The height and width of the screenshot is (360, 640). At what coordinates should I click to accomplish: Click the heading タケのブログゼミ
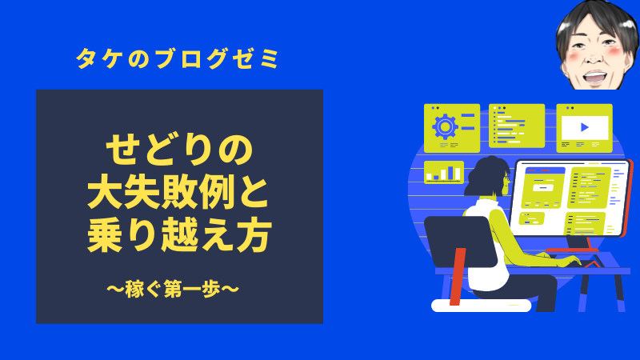(178, 58)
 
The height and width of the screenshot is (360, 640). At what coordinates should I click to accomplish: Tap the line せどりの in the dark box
(179, 150)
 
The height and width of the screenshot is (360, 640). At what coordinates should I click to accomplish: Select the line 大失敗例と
(178, 193)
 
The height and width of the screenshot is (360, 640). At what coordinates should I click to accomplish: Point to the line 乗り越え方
(179, 235)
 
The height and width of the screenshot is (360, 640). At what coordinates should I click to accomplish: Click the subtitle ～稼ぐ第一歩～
(173, 289)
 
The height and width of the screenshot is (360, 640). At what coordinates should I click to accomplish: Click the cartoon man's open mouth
(594, 76)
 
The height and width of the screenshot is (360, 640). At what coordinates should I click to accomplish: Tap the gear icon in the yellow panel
(445, 126)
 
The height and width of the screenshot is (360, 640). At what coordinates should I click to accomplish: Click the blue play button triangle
(585, 127)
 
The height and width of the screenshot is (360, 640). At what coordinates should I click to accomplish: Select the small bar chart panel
(444, 172)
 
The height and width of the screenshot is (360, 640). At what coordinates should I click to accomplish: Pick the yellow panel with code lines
(517, 126)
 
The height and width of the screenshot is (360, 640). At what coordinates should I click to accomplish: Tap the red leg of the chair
(458, 276)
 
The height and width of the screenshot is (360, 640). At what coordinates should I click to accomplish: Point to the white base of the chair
(482, 306)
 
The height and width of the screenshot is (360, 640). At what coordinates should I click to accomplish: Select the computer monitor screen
(570, 198)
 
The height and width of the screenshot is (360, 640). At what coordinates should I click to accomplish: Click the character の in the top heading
(138, 58)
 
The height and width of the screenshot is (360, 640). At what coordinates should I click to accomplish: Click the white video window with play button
(585, 128)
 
